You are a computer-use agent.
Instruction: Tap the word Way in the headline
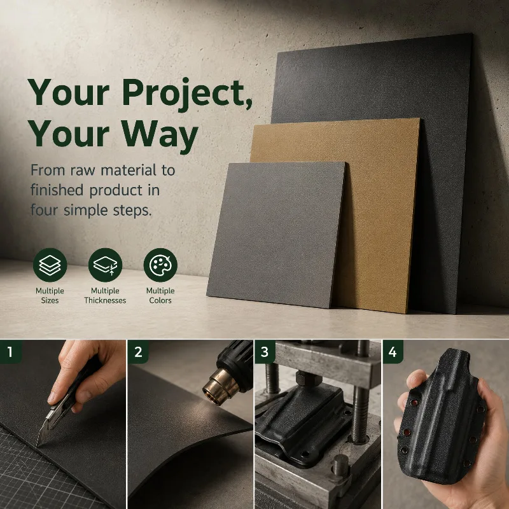[x=160, y=134]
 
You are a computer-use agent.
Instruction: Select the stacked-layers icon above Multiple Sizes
[x=50, y=265]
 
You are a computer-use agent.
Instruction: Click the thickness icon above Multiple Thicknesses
[x=105, y=265]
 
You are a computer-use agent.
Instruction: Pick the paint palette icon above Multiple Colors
[x=160, y=265]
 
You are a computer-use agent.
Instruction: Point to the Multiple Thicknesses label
[x=105, y=295]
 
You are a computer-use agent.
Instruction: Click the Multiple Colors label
[x=160, y=295]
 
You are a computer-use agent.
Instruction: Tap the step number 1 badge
[x=11, y=352]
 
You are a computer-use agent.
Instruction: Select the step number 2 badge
[x=138, y=352]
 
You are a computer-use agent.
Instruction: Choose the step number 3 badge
[x=265, y=352]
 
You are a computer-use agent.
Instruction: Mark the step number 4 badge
[x=393, y=352]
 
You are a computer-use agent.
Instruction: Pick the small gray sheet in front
[x=276, y=234]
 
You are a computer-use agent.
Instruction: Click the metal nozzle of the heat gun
[x=218, y=386]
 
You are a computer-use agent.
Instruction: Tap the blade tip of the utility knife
[x=38, y=445]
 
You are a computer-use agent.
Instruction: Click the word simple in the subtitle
[x=85, y=211]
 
